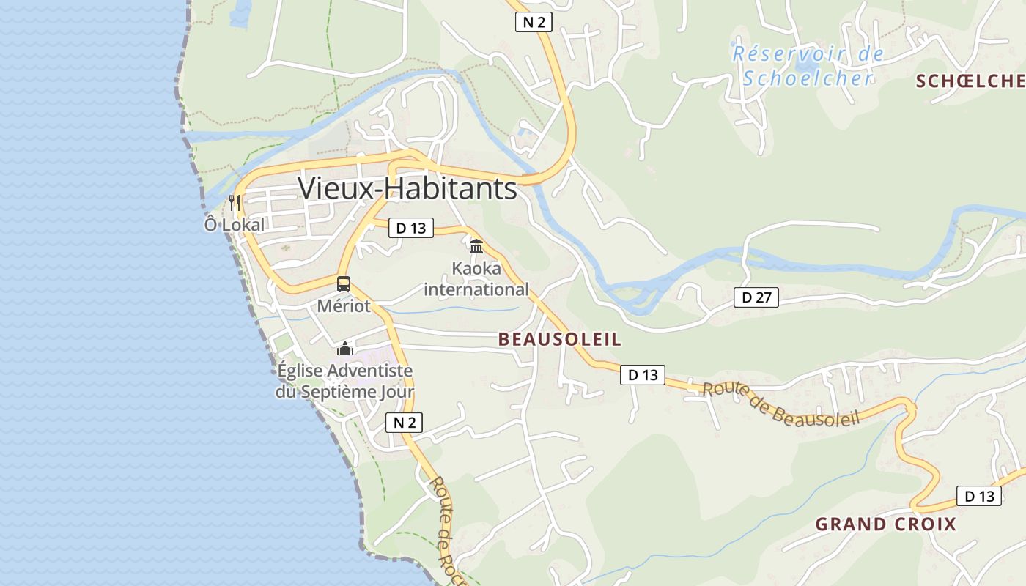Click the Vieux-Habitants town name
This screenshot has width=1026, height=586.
[407, 189]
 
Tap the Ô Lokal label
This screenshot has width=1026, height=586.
[234, 225]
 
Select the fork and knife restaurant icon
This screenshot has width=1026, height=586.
[235, 202]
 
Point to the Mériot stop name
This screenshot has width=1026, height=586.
[344, 306]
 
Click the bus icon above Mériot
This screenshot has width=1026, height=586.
[344, 284]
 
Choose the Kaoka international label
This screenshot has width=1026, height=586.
[476, 279]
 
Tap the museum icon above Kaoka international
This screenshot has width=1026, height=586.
[476, 246]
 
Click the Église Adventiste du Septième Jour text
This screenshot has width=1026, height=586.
[344, 382]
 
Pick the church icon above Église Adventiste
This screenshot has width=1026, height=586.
[344, 349]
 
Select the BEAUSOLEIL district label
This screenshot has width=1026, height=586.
[559, 339]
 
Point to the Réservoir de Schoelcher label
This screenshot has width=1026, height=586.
[808, 66]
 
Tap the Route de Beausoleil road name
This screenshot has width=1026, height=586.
[780, 405]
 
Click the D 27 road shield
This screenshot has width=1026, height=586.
[756, 297]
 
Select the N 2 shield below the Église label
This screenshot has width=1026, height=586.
[404, 423]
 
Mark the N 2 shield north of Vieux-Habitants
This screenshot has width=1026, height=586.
[533, 23]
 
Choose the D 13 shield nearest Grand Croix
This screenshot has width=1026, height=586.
[978, 496]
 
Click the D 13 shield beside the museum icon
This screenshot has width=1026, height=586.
[410, 228]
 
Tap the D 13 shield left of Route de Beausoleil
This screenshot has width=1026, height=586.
[642, 375]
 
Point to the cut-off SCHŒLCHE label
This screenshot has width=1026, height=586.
[970, 81]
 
